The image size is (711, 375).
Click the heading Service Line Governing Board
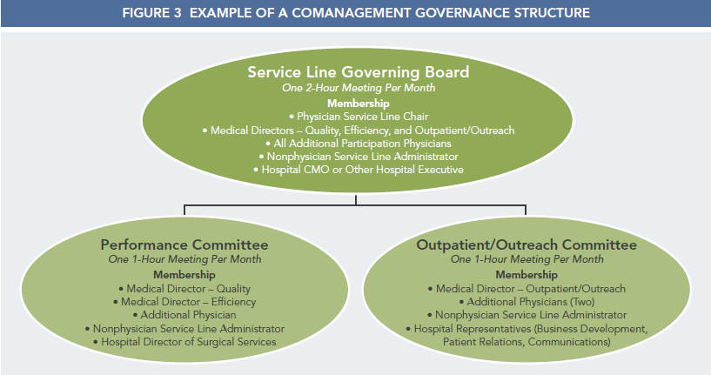359,72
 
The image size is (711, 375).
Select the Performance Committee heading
184,244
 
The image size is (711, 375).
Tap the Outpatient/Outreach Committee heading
527,244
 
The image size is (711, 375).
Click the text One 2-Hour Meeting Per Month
359,88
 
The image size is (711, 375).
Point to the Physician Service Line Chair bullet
359,117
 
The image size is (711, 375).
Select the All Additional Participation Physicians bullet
359,144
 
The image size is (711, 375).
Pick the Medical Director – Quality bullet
184,289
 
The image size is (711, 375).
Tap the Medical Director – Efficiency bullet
184,302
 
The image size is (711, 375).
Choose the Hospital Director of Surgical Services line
184,342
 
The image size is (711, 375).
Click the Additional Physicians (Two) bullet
527,302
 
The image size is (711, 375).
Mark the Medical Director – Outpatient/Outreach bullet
527,289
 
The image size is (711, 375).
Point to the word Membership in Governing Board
359,104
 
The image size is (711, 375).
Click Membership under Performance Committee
184,275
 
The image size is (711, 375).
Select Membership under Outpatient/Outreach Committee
527,275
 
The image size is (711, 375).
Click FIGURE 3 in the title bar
151,13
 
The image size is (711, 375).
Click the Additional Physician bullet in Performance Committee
184,315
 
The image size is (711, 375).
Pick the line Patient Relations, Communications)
527,342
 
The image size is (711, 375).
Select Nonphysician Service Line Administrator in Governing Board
359,157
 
